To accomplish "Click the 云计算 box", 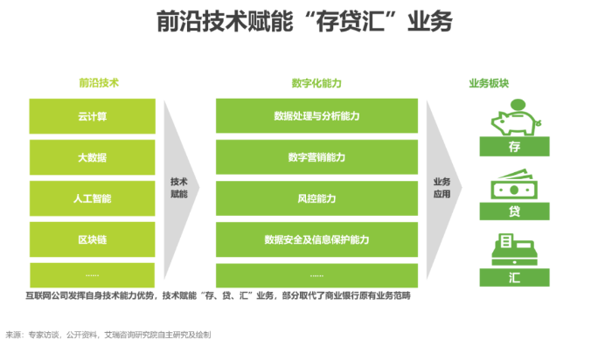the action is [x=92, y=116].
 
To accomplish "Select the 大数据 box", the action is [x=92, y=157].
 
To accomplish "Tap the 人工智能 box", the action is [x=92, y=198].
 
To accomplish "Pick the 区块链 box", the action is [x=92, y=239].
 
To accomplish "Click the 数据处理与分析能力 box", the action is [x=316, y=116].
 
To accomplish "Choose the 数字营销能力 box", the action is [x=316, y=157].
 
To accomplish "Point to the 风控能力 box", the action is [x=316, y=198].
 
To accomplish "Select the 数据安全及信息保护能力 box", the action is [x=316, y=239].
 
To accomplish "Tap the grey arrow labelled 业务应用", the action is [x=443, y=189].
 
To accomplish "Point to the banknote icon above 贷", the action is [x=514, y=184].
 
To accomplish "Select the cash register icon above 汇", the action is [x=514, y=250].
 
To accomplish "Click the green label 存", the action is [x=514, y=146].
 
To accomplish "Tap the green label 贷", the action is [x=514, y=211].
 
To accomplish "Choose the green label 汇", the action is [x=514, y=277].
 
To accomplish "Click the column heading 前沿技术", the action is [x=99, y=83].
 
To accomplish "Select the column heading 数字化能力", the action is [x=316, y=83].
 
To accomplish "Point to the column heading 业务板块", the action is [x=489, y=83].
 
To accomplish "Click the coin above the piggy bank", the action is [x=518, y=105].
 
